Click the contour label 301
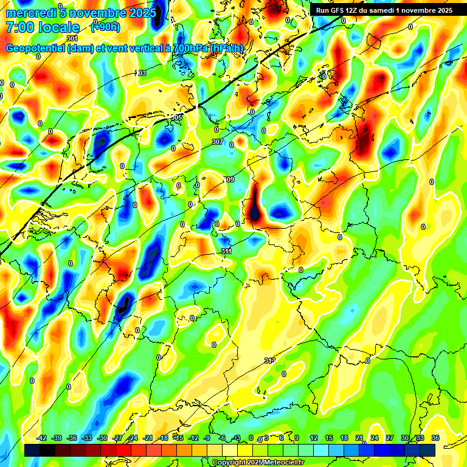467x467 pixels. [72, 38]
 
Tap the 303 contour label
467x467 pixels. [140, 73]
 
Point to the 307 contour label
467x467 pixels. [218, 142]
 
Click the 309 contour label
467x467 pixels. [229, 179]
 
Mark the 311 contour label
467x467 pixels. [226, 251]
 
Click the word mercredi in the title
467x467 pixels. [32, 12]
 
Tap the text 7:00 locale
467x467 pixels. [43, 27]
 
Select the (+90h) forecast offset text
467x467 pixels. [105, 27]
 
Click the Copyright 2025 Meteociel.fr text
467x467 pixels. [258, 463]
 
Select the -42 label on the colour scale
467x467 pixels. [42, 438]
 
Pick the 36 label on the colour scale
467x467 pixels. [435, 438]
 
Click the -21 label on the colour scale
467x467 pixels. [148, 438]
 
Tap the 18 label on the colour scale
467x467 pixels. [344, 438]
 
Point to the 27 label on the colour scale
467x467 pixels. [389, 438]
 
